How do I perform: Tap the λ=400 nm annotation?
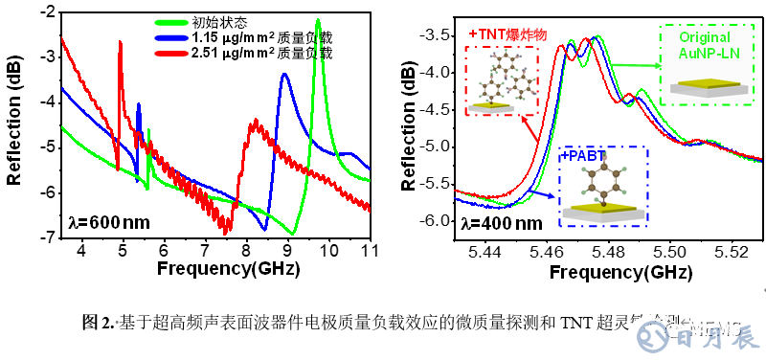499,223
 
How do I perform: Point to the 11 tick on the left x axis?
369,250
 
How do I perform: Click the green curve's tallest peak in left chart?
318,21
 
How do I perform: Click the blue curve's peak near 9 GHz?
283,75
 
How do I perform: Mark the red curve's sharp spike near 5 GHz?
121,42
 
